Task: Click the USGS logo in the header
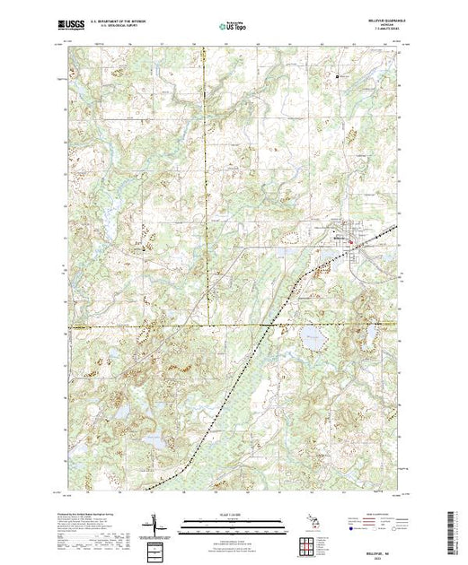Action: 74,28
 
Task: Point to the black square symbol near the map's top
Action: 338,76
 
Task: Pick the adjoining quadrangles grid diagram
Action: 312,543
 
